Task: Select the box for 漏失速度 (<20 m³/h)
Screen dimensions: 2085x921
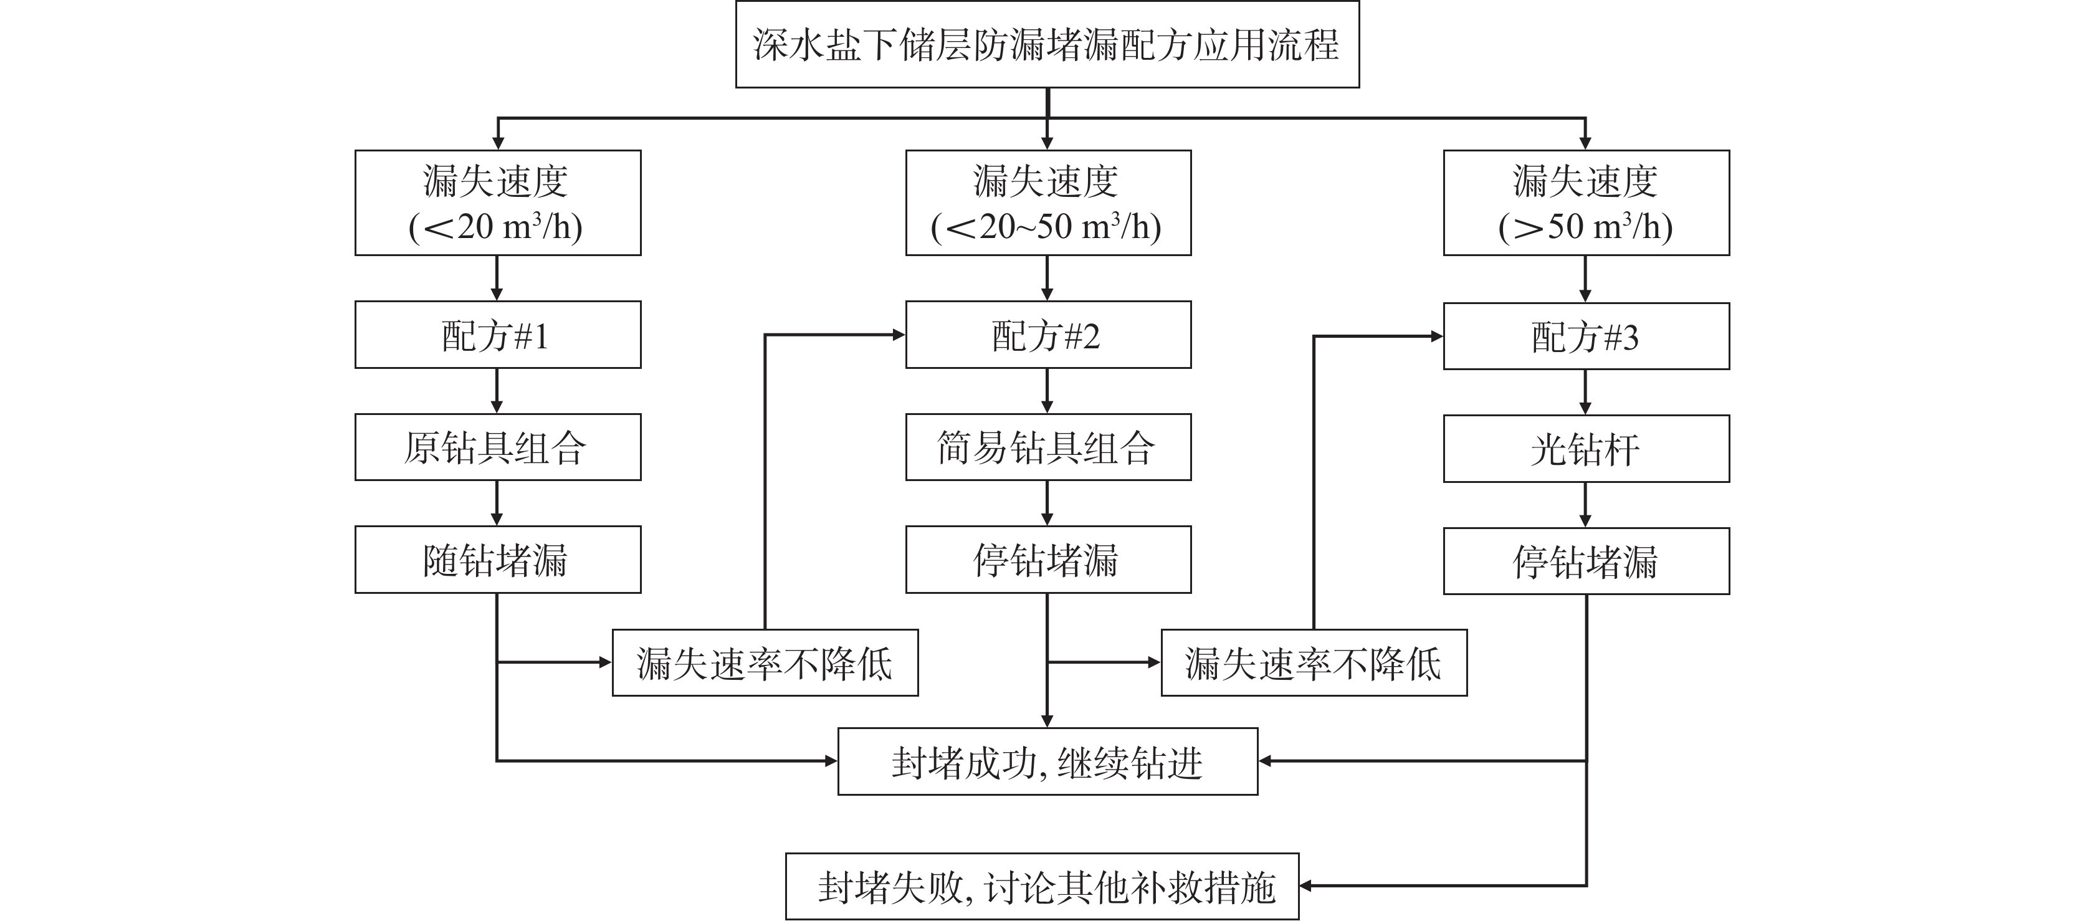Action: tap(498, 203)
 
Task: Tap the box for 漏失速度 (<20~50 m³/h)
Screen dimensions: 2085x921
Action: tap(1048, 203)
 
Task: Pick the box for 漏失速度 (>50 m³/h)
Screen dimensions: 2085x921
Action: tap(1586, 203)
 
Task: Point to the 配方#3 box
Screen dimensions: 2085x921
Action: tap(1586, 336)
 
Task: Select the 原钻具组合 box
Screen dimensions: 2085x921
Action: tap(498, 447)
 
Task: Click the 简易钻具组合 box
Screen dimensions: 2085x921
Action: tap(1048, 447)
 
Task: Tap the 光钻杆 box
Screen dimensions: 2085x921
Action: tap(1586, 449)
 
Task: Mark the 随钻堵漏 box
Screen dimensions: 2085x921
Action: tap(498, 559)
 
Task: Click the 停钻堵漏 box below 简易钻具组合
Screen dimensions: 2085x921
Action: tap(1048, 559)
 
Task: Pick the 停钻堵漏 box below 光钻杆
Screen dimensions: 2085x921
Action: tap(1586, 561)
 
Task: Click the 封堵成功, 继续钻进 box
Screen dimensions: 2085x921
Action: tap(1047, 761)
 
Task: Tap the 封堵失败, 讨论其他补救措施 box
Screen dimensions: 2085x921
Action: tap(1042, 886)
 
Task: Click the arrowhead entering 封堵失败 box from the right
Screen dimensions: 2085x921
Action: tap(1306, 886)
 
